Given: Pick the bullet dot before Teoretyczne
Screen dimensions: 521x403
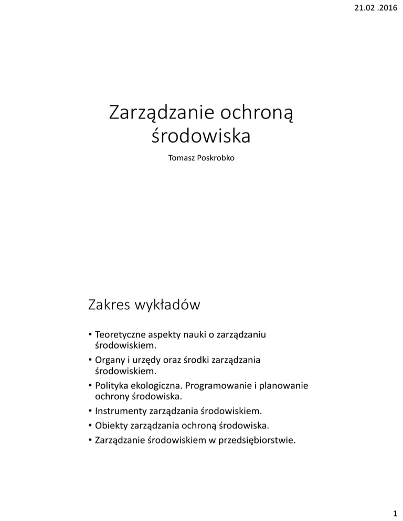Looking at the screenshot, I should pyautogui.click(x=90, y=335).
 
